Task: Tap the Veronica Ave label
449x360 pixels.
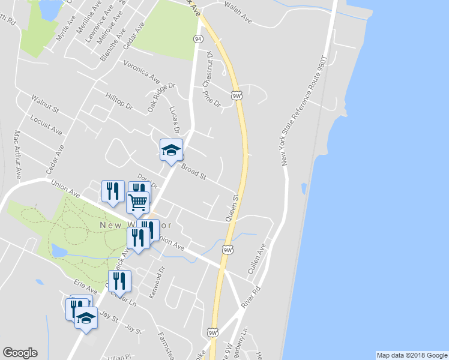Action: click(142, 72)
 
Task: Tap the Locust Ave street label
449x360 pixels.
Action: click(46, 125)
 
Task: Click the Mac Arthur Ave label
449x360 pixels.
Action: click(18, 154)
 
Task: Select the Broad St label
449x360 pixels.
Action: click(193, 173)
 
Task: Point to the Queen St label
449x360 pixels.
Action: click(232, 206)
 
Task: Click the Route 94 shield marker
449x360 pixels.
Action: click(197, 38)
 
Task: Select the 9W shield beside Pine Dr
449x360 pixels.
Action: click(237, 95)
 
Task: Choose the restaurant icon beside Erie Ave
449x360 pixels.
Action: click(119, 280)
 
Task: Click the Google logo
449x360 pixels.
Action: click(20, 353)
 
